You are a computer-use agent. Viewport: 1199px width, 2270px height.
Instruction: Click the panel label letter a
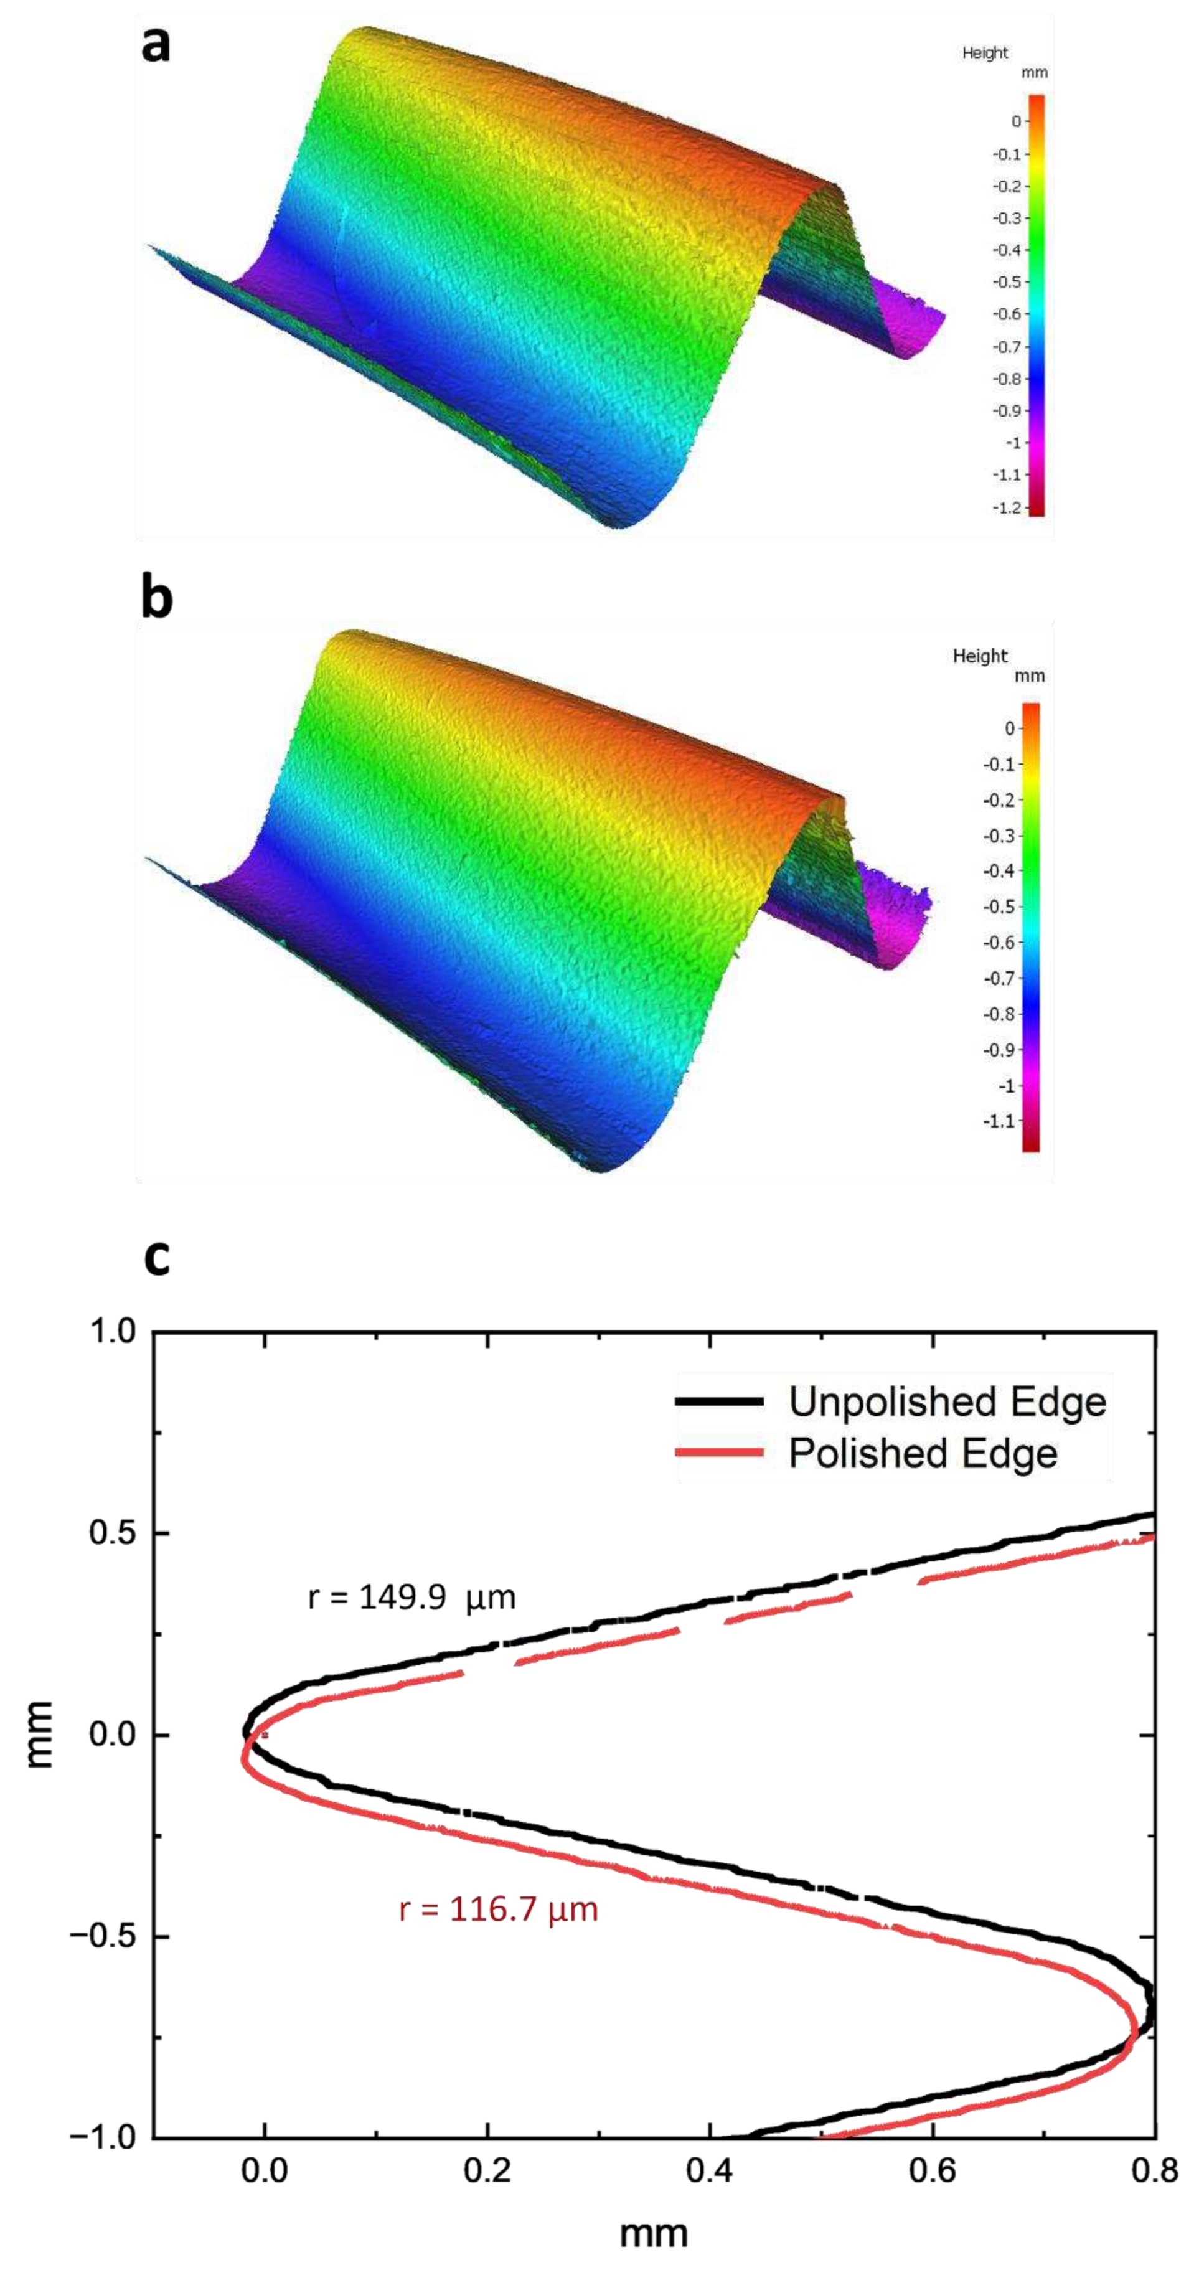(155, 44)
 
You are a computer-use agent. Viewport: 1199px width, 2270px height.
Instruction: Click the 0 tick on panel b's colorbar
(1010, 728)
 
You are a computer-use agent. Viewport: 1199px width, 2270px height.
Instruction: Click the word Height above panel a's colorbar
(984, 53)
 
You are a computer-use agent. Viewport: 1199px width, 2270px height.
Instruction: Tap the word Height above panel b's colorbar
(980, 656)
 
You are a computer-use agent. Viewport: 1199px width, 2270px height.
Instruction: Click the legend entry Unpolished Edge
(946, 1401)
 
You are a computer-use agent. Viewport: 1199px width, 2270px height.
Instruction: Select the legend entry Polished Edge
(923, 1453)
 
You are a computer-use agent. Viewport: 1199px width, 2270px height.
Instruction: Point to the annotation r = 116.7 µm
(499, 1909)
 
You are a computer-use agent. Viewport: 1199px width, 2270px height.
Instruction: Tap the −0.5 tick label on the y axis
(104, 1937)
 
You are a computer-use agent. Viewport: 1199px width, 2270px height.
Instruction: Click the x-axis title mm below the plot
(653, 2233)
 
